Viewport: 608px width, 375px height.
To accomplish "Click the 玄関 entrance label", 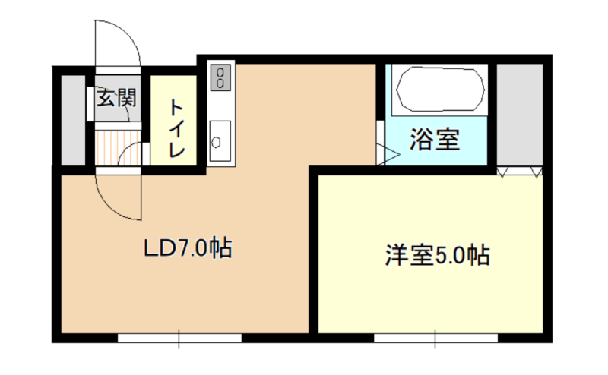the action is [x=117, y=98].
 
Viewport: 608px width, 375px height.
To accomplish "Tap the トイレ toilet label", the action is [x=176, y=128].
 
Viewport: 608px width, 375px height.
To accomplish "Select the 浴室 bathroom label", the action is [x=435, y=139].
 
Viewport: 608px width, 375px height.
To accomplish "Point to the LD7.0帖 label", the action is [x=188, y=248].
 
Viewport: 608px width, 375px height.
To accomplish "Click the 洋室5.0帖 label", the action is [x=438, y=255].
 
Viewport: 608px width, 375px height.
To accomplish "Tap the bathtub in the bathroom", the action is [x=440, y=90].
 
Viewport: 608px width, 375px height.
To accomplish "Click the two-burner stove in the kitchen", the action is [x=220, y=77].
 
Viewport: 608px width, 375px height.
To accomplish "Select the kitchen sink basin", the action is [x=220, y=141].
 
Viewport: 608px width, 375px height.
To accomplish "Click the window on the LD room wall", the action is [x=179, y=339].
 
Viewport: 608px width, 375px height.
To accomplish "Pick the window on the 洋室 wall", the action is [x=435, y=339].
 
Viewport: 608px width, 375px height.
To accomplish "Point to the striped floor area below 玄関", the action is [x=118, y=148].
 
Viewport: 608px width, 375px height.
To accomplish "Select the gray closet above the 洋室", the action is [x=520, y=115].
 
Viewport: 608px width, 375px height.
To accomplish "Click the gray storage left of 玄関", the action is [x=73, y=120].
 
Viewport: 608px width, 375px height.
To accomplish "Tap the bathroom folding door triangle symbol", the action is [x=388, y=156].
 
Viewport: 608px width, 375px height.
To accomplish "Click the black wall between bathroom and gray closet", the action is [x=492, y=115].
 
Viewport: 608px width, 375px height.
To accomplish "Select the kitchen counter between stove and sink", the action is [x=220, y=106].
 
